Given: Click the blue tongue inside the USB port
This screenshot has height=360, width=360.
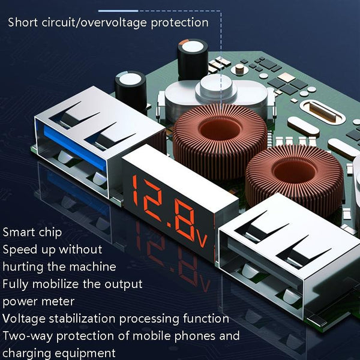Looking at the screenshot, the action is (75, 148).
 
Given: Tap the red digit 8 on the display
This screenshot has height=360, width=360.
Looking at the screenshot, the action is (184, 220).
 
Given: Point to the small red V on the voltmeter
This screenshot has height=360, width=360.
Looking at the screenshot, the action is (202, 240).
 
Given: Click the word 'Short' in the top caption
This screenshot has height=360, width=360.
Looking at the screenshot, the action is (23, 23).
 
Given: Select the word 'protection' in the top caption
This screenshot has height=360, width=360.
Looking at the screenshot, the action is (180, 23).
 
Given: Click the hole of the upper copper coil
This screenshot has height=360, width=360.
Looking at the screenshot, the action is (220, 130).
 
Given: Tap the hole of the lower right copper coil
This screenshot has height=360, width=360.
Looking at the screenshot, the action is (295, 171).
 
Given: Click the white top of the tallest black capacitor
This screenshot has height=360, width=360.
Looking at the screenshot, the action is (193, 47).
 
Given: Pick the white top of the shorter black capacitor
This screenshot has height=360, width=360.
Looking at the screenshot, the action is (130, 79).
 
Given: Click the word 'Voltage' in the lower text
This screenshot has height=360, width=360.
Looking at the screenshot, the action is (24, 319).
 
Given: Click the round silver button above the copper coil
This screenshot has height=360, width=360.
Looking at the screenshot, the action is (216, 88).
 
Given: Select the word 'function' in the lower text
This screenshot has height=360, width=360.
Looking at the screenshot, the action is (206, 319).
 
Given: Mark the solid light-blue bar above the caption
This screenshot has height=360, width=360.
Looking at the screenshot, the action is (118, 11).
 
